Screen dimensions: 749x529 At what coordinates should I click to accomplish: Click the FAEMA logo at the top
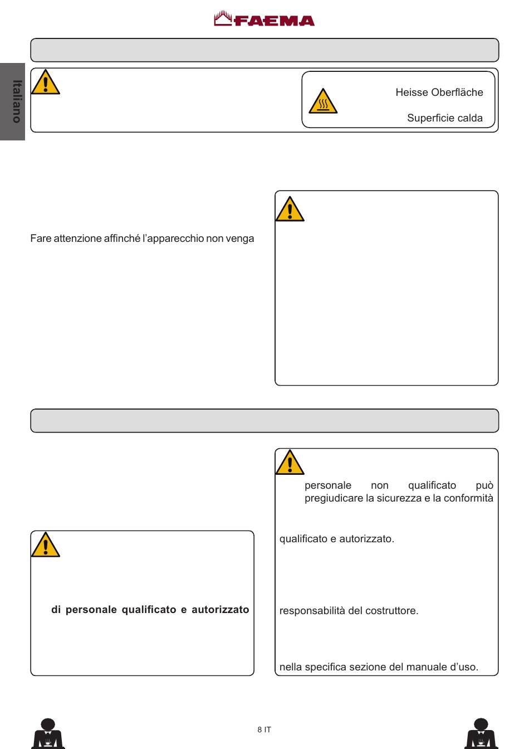(x=264, y=20)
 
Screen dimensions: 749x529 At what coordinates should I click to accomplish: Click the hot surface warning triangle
(x=323, y=102)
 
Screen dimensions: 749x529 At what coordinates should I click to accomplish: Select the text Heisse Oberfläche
(x=439, y=93)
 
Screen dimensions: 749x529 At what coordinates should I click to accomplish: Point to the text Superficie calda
(x=444, y=118)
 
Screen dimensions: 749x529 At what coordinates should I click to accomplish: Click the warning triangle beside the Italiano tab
(x=45, y=83)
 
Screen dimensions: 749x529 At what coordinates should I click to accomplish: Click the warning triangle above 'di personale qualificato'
(x=45, y=545)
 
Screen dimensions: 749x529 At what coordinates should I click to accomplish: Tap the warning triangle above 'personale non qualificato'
(x=290, y=463)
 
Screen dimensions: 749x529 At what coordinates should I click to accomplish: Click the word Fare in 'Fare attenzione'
(x=41, y=239)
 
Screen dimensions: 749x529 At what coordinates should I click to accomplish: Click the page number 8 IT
(x=264, y=729)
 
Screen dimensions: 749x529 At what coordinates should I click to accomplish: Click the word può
(x=484, y=485)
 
